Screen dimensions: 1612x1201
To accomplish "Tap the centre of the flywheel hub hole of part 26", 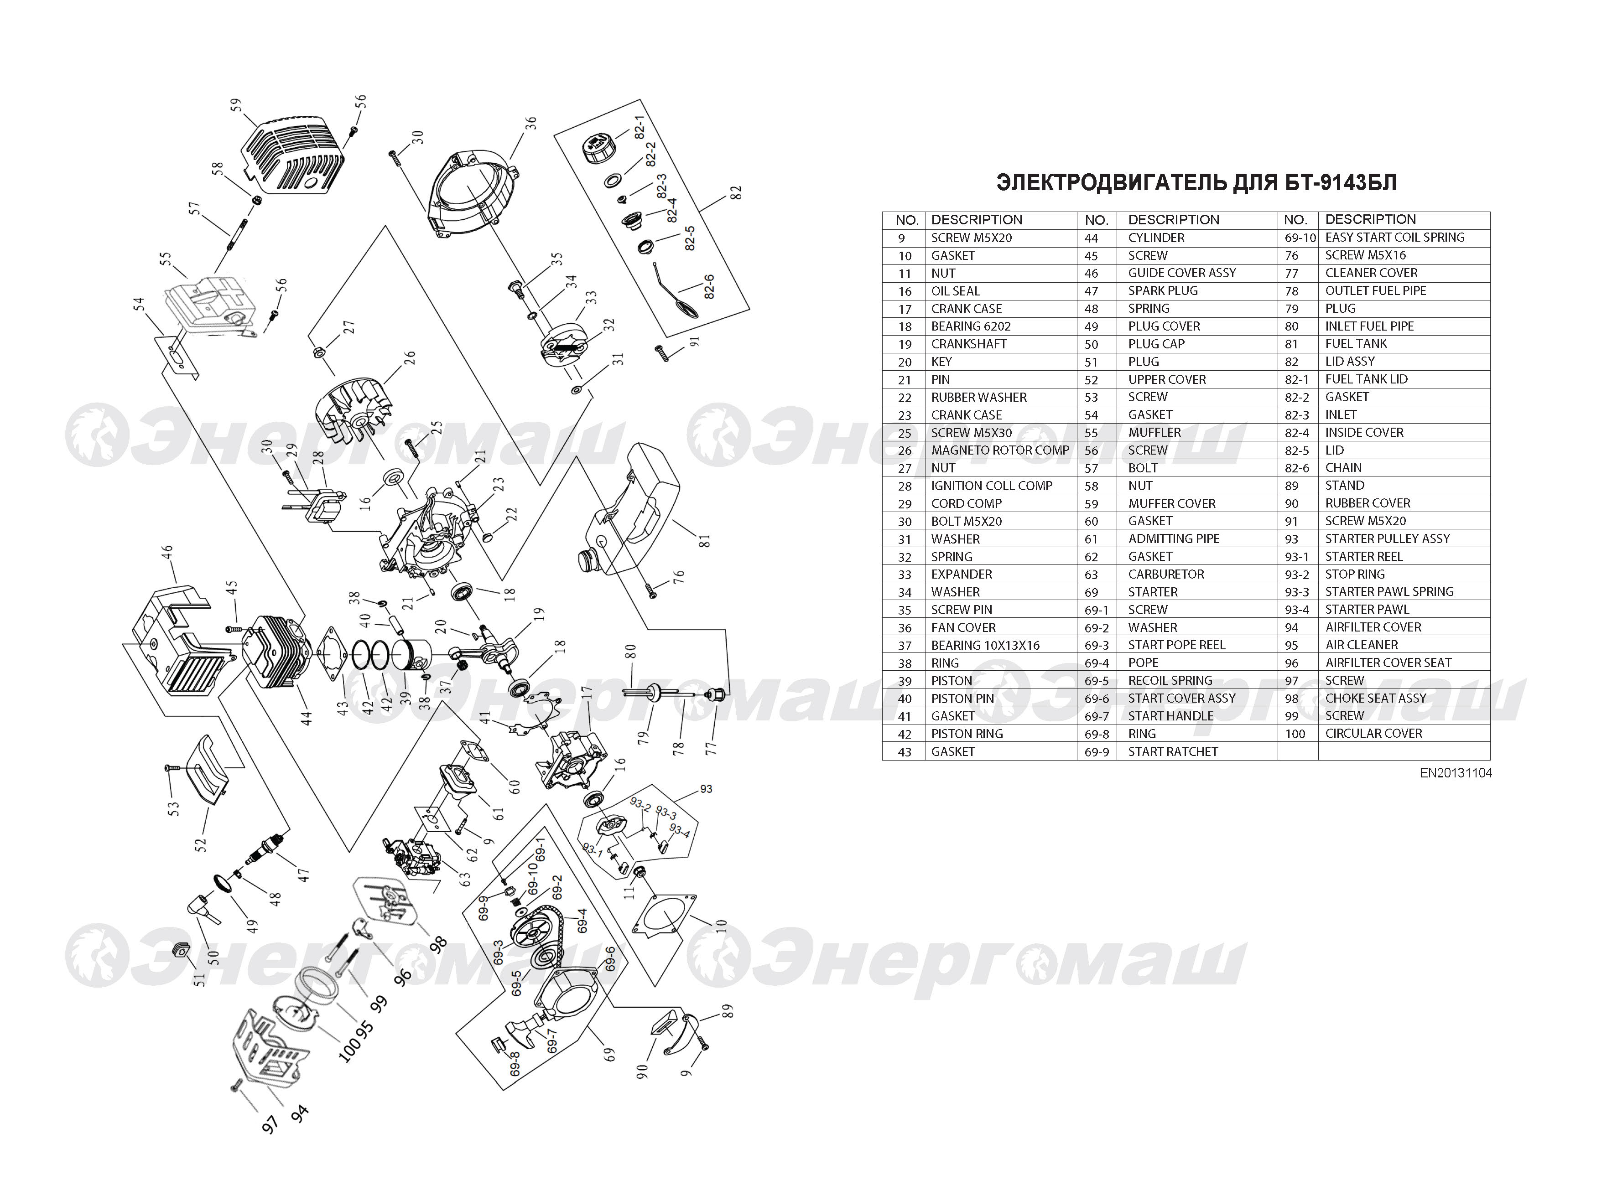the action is tap(357, 422).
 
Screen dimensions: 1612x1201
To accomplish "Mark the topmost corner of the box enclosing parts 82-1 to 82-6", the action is tap(640, 99).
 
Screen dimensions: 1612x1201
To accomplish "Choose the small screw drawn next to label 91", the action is tap(662, 353).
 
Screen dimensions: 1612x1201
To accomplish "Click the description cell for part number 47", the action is tap(1163, 291).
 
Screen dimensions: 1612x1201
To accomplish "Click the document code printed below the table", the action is tap(1456, 773).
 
